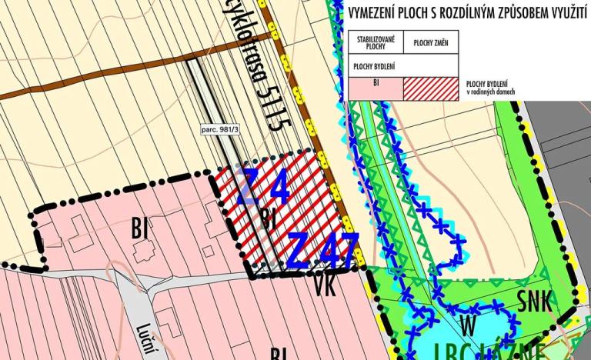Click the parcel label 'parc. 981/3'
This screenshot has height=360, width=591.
(219, 128)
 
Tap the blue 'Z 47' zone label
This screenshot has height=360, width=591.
(323, 250)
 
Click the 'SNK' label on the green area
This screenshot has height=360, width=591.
(534, 302)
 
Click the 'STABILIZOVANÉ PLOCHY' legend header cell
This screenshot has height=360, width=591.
(376, 42)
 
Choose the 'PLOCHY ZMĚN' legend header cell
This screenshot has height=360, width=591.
(430, 42)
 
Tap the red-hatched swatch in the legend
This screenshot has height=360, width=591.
(430, 88)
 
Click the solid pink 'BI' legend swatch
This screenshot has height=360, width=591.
(376, 88)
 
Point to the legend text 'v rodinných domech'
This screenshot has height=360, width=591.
(491, 92)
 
